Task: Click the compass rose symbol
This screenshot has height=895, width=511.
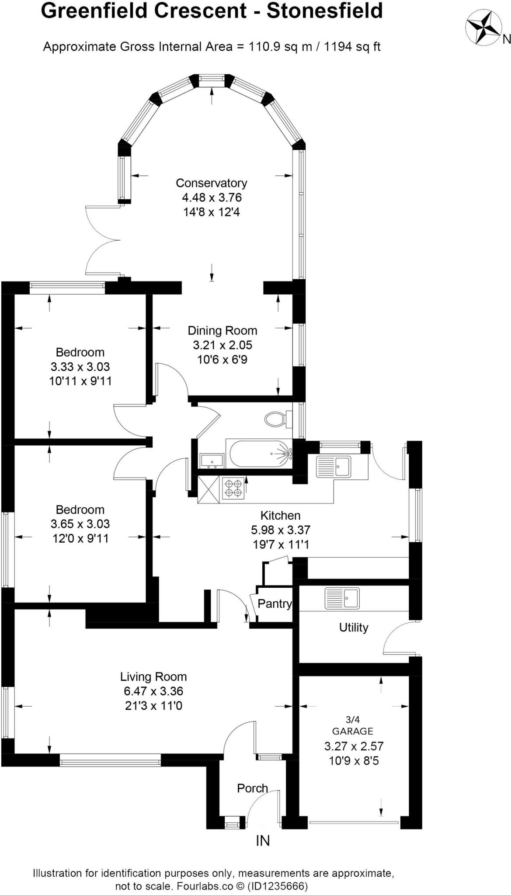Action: coord(483,28)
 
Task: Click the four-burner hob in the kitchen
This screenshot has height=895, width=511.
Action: coord(233,489)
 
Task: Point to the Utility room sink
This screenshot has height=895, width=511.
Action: coord(342,598)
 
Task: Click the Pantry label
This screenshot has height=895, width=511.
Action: coord(275,604)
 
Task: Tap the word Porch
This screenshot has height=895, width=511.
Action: coord(252,788)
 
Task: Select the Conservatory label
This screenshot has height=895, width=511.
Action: coord(212,183)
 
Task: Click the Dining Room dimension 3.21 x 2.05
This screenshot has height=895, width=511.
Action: coord(222,345)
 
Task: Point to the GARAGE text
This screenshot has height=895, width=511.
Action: coord(353,731)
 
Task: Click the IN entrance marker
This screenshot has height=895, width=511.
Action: coord(263,840)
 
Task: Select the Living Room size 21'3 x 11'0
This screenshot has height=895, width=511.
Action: coord(153,705)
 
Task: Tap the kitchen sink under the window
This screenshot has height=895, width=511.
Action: coord(334,466)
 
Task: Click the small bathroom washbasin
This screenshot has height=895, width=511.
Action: coord(212,461)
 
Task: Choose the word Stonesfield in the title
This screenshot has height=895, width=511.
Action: coord(325,11)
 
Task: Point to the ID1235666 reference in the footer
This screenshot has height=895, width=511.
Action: coord(278,886)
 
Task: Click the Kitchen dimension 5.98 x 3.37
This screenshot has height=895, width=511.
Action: coord(280,530)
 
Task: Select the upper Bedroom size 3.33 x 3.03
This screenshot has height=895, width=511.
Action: coord(80,366)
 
